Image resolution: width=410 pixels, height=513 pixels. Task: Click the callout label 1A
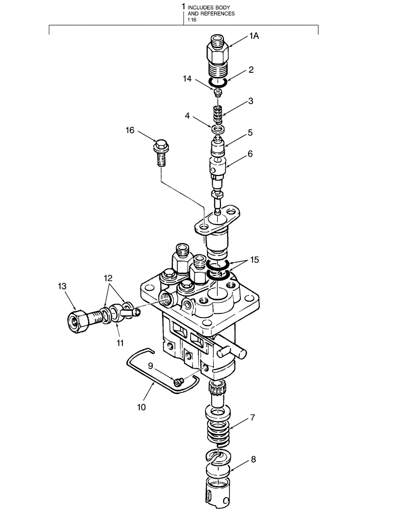255,35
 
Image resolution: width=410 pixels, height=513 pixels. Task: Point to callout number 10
141,407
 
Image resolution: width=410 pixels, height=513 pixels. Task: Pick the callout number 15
255,260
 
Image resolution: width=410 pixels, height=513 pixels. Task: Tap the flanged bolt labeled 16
160,152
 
